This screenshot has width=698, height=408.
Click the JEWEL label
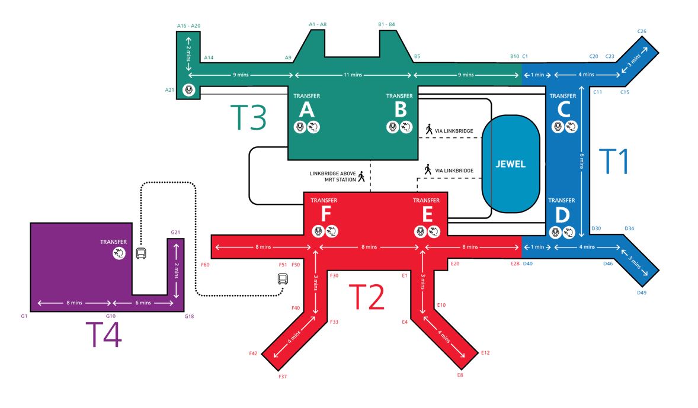511,164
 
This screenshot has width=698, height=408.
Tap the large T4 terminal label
104,335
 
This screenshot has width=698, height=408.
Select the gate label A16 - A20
189,26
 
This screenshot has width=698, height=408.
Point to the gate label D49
642,293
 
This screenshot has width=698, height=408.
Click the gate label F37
283,377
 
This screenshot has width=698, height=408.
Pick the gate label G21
175,232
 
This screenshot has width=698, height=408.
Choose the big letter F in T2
326,214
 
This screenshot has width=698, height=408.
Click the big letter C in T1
563,110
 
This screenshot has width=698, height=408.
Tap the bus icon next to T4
141,253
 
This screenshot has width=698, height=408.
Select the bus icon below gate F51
283,279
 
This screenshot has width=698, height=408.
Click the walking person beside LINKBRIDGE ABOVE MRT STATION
361,176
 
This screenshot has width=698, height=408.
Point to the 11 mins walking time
353,75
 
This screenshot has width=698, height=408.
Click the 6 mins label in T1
582,161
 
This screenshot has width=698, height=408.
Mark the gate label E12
485,353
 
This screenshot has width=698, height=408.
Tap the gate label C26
642,31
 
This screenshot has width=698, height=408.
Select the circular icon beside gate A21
189,90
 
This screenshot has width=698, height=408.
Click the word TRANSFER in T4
114,242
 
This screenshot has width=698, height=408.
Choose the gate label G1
24,316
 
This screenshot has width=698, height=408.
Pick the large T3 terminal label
248,117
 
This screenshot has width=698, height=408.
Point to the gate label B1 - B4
386,24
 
